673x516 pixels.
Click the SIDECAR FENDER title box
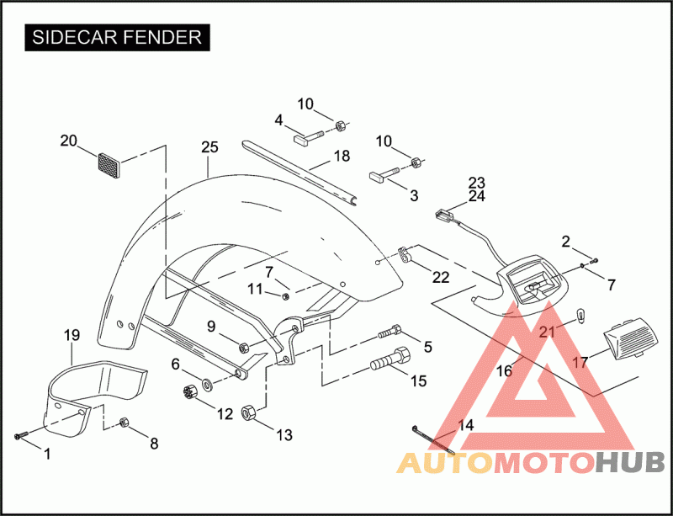117,37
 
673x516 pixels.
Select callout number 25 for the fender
209,147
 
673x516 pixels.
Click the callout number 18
341,156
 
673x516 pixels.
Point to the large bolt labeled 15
389,363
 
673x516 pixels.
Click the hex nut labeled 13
250,412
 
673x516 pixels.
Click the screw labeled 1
21,435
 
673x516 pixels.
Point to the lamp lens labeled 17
630,340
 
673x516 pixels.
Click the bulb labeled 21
579,316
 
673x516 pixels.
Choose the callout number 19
72,335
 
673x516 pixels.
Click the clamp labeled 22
405,252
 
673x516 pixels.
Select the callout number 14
465,426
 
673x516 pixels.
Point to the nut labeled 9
243,346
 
